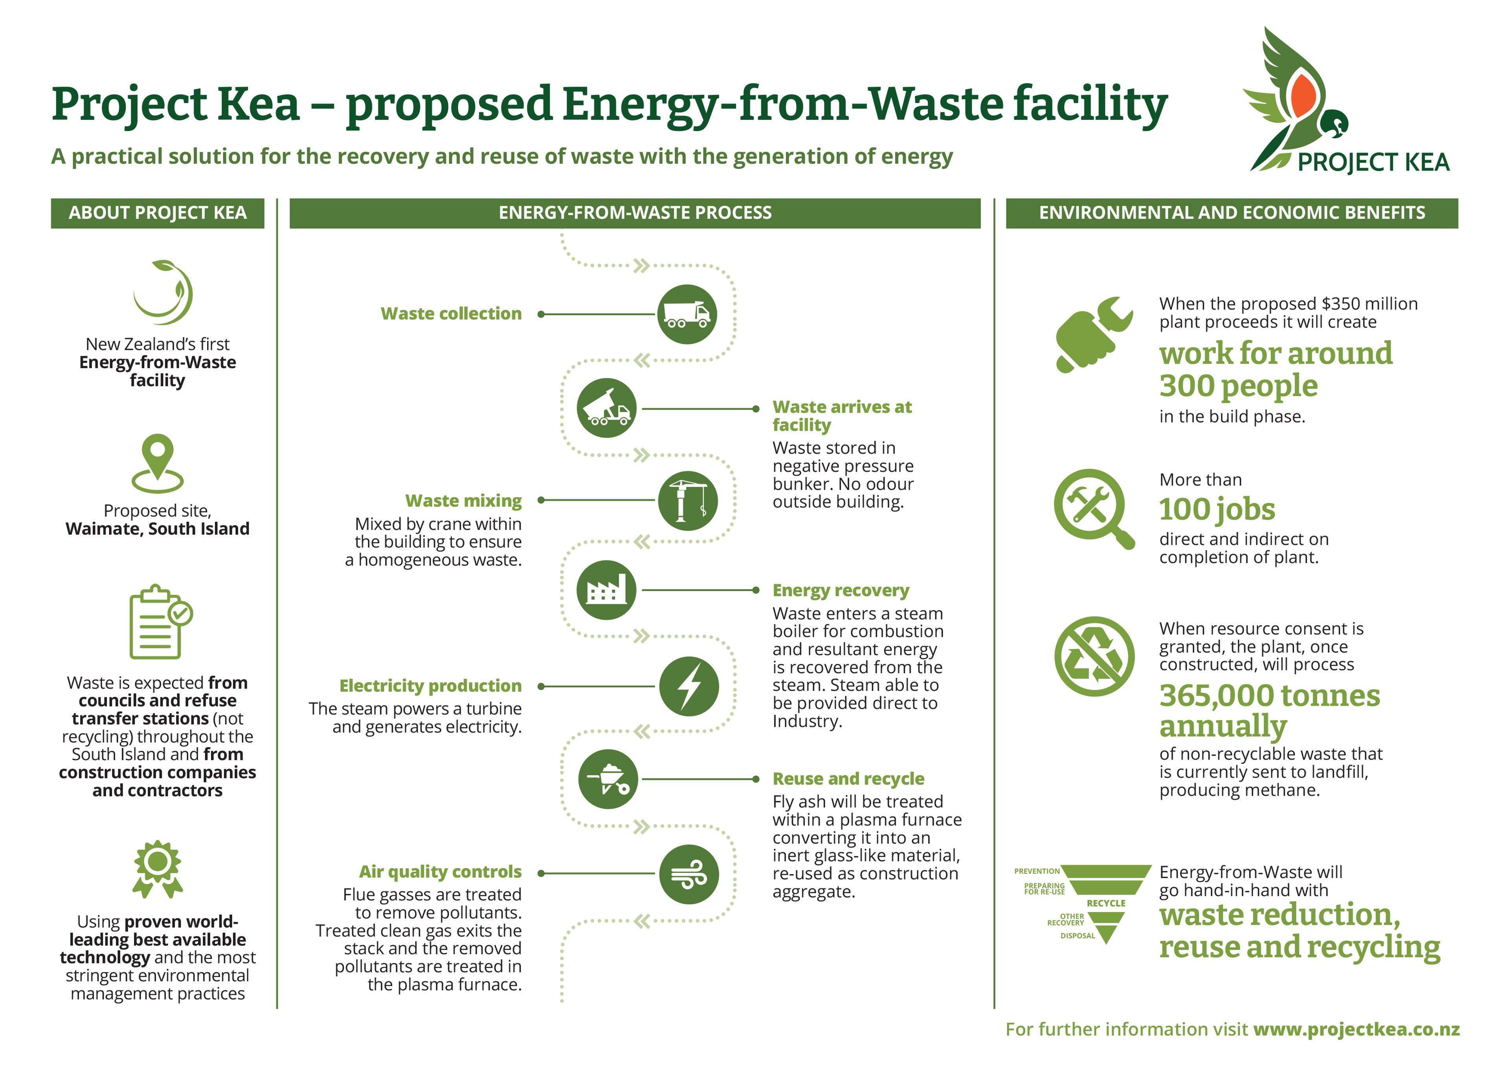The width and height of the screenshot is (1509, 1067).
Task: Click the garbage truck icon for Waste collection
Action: pos(687,314)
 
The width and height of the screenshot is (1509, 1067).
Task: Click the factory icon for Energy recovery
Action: pos(606,590)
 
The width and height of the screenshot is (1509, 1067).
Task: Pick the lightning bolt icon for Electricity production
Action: pos(689,686)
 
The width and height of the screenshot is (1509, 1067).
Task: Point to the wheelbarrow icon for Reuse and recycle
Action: pos(607,779)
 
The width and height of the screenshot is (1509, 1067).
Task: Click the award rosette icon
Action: pos(158,868)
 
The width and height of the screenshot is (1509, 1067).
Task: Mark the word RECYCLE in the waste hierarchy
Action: pos(1106,903)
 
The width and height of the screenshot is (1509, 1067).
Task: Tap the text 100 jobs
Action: pos(1217,509)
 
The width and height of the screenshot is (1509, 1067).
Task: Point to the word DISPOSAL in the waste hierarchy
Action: pos(1078,935)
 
